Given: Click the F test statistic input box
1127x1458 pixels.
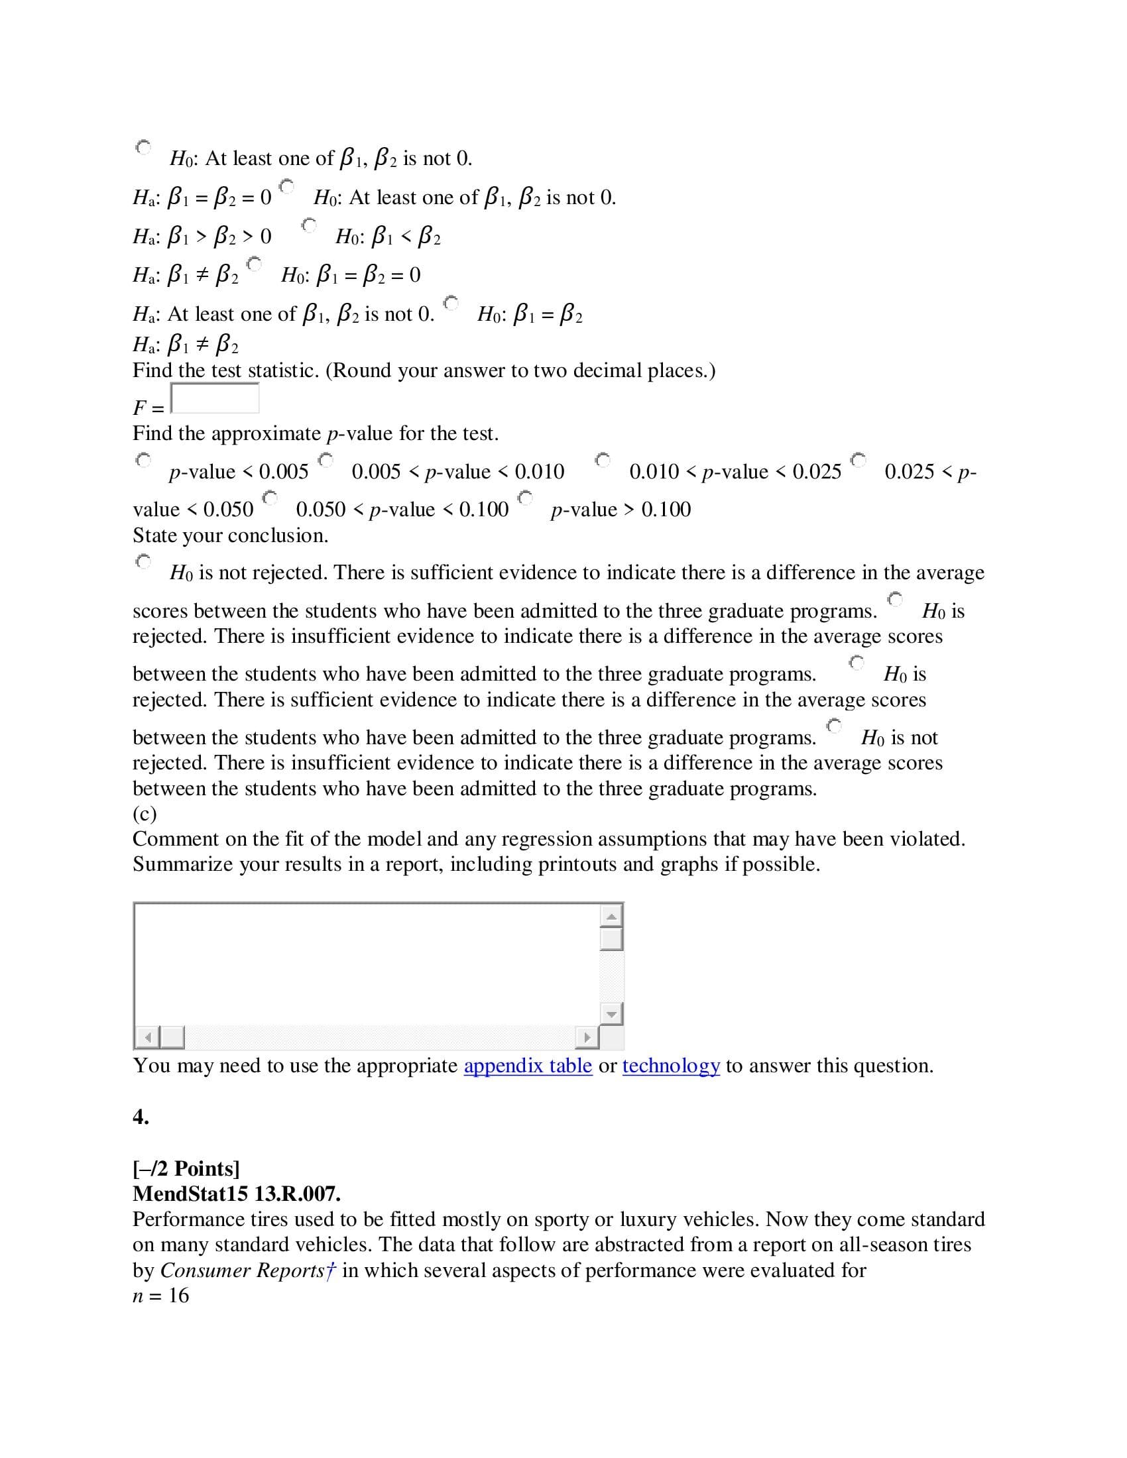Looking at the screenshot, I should tap(214, 398).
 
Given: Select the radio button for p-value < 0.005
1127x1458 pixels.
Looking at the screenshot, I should tap(144, 460).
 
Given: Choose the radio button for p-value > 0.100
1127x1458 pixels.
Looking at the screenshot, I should tap(526, 498).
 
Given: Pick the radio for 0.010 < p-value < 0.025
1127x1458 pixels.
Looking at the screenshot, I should tap(603, 460).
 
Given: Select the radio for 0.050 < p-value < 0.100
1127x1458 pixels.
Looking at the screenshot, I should tap(270, 498).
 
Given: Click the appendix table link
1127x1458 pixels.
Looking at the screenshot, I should tap(528, 1066).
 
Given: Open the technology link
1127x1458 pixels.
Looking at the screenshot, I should tap(670, 1066).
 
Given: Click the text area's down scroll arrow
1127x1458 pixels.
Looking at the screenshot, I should tap(611, 1015).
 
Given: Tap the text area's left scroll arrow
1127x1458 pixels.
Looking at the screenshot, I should tap(148, 1037).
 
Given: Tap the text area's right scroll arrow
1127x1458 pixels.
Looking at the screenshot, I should tap(587, 1037).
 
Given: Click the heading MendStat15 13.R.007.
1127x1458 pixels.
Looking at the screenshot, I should tap(237, 1194).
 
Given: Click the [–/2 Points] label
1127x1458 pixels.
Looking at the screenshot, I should tap(186, 1168).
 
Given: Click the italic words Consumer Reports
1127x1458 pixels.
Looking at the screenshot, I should tap(242, 1270).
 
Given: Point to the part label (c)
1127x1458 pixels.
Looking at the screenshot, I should tap(145, 814).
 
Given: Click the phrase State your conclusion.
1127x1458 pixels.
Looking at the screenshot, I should tap(230, 535).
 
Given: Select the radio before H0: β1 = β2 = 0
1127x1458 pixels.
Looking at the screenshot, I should tap(254, 264).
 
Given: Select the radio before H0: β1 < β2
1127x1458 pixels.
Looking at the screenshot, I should tap(308, 225).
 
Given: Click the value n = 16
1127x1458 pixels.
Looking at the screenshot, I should tap(161, 1295).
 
